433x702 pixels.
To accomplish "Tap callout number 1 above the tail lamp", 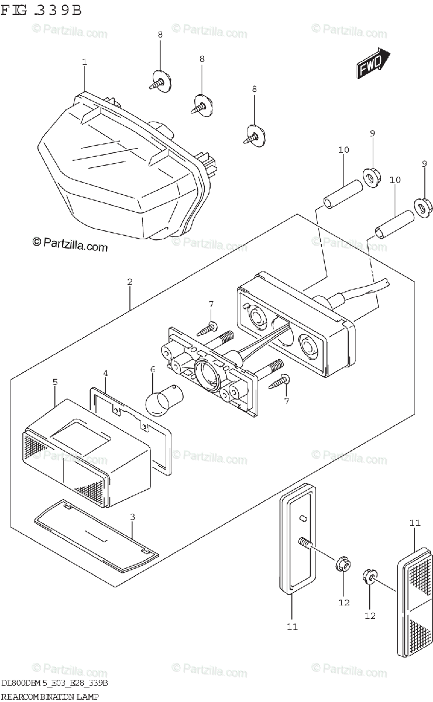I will point(85,61).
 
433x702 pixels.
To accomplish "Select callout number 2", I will point(129,281).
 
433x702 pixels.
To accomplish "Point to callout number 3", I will point(133,517).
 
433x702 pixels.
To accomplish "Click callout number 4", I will point(105,373).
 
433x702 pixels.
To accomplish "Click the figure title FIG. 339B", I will point(41,10).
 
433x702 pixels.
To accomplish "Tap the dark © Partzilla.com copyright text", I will point(70,247).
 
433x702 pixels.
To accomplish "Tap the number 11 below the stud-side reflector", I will point(292,627).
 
